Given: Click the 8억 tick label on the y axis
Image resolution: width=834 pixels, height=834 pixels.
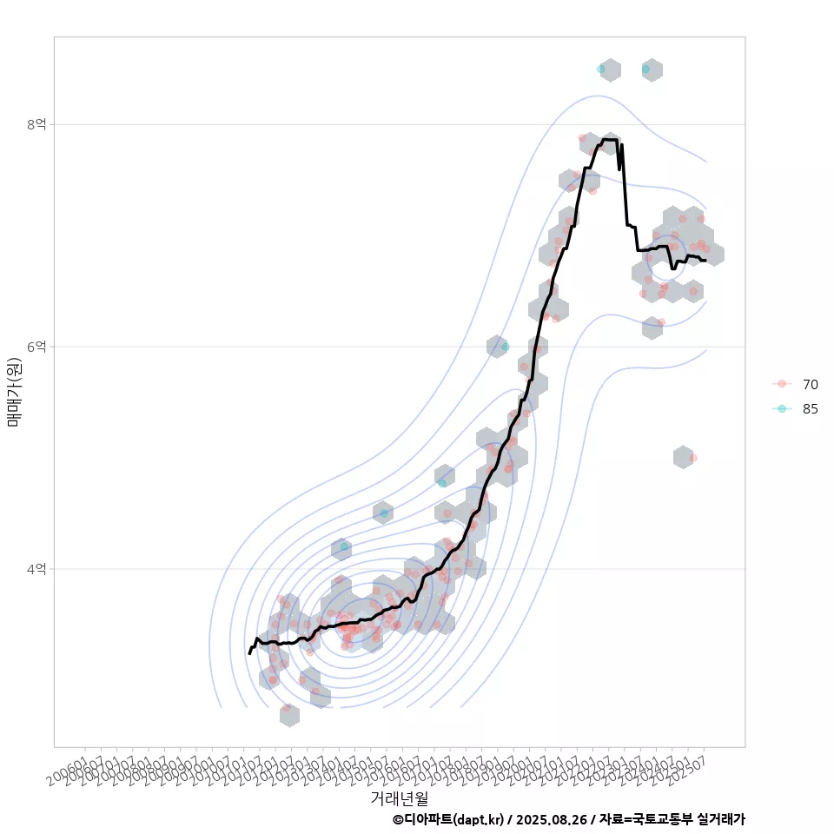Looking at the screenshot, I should pyautogui.click(x=36, y=124).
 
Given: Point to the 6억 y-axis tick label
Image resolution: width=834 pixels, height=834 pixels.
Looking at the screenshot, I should pyautogui.click(x=36, y=347).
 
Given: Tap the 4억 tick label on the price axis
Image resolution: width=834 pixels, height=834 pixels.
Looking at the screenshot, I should pyautogui.click(x=36, y=569).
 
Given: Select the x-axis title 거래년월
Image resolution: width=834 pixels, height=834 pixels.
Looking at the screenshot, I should pyautogui.click(x=399, y=798).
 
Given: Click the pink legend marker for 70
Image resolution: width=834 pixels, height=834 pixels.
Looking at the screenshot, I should pyautogui.click(x=782, y=384).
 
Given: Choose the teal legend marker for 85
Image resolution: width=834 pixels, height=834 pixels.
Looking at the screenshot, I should pyautogui.click(x=782, y=409).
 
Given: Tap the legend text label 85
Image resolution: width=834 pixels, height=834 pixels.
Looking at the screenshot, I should pyautogui.click(x=810, y=409).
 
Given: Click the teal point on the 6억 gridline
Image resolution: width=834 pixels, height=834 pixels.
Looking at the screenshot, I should pyautogui.click(x=505, y=347).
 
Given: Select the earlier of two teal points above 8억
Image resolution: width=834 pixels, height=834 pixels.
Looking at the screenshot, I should pyautogui.click(x=601, y=69).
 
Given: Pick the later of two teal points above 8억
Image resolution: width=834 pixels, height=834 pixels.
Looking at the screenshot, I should pyautogui.click(x=645, y=69).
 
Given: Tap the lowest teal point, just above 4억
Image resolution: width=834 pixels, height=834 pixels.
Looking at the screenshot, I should pyautogui.click(x=345, y=546).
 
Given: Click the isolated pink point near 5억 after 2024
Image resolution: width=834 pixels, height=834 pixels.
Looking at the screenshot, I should pyautogui.click(x=693, y=458).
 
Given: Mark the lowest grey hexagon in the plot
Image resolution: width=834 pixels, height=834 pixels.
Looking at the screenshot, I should pyautogui.click(x=289, y=715).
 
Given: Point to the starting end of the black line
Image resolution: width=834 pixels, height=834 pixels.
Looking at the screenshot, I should pyautogui.click(x=248, y=653).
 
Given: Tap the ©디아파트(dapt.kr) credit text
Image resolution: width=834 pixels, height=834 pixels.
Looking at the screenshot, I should pyautogui.click(x=447, y=819).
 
